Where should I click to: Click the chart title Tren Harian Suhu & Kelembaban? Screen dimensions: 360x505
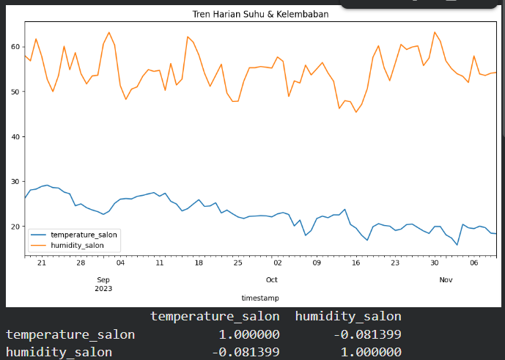point(259,14)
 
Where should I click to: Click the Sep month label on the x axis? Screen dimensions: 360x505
point(103,280)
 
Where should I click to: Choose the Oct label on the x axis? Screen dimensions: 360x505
point(271,280)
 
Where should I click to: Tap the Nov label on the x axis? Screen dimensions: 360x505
point(446,280)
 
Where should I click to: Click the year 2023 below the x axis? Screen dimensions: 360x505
point(103,289)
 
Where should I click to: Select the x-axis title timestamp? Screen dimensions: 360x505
point(259,298)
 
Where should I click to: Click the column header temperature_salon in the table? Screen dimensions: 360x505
point(215,317)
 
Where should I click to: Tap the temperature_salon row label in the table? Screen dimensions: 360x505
point(70,335)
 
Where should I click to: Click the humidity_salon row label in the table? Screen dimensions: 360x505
point(59,353)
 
